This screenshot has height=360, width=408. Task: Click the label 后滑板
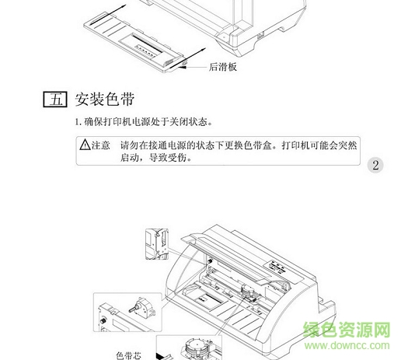[x=223, y=67]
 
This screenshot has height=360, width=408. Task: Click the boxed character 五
[x=55, y=100]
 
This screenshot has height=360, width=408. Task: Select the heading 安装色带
[x=105, y=100]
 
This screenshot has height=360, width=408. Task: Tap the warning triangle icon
[x=85, y=145]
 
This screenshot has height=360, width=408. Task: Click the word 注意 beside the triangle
[x=101, y=145]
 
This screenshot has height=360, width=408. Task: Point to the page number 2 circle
[x=375, y=165]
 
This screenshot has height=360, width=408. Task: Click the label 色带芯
[x=128, y=355]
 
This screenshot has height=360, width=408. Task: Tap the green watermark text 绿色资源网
[x=347, y=330]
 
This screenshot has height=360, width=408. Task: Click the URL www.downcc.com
[x=347, y=346]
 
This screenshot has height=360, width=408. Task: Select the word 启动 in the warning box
[x=129, y=158]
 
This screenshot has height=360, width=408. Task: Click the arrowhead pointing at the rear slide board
[x=183, y=67]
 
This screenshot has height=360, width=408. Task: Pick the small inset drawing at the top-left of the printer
[x=157, y=244]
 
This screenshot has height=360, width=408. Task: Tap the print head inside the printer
[x=249, y=292]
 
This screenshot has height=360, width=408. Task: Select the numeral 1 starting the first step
[x=77, y=122]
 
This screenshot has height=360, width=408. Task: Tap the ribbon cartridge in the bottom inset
[x=197, y=349]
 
